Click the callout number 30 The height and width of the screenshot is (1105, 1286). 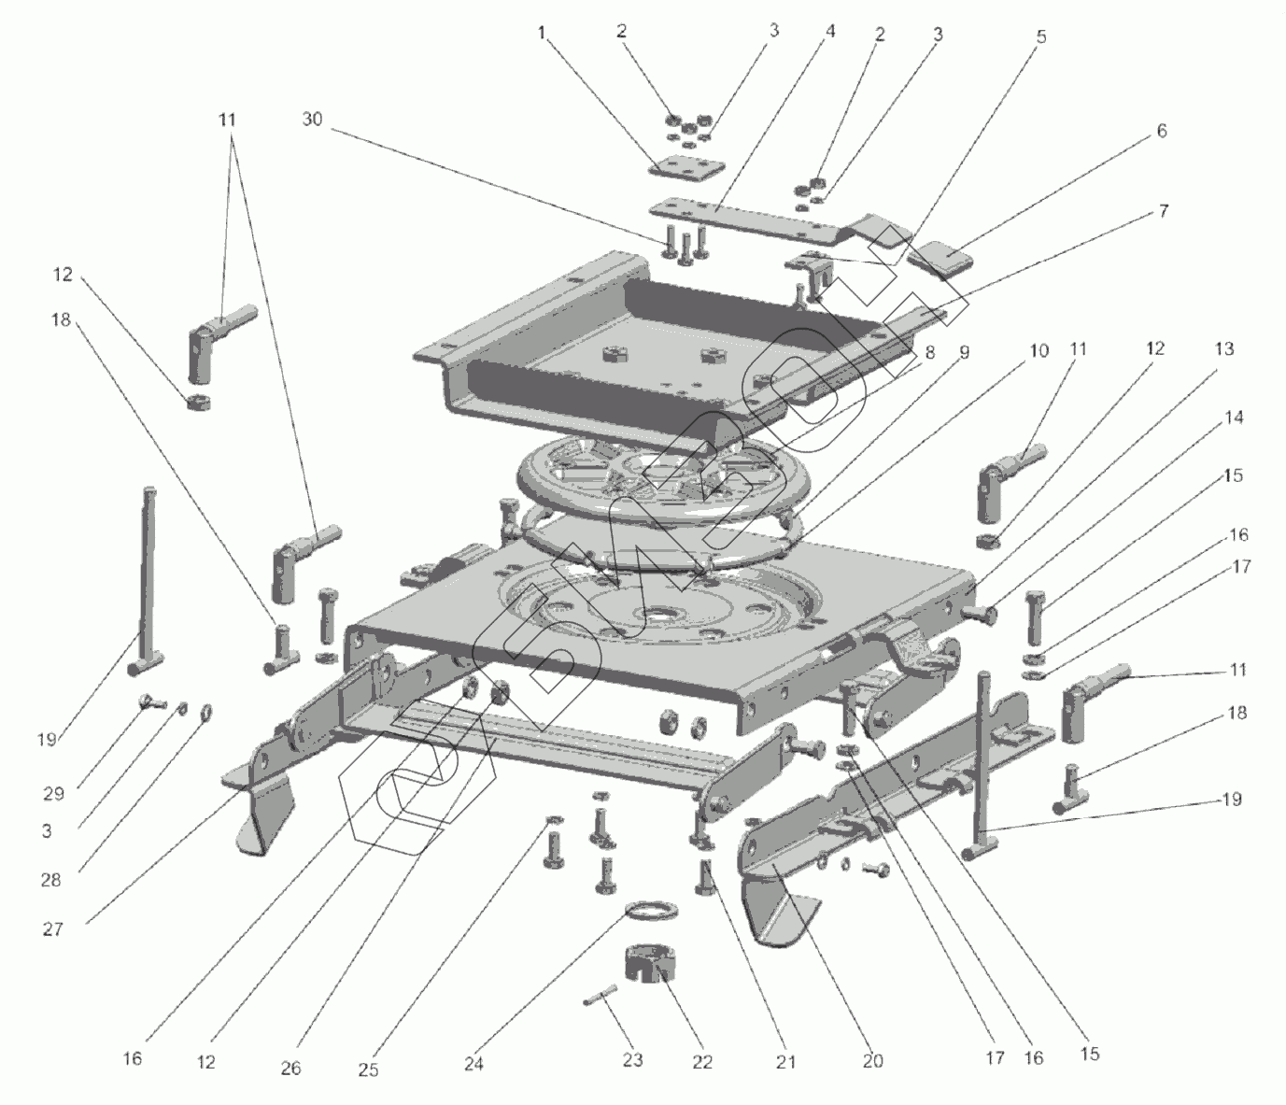[312, 120]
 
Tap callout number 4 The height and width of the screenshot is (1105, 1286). [829, 32]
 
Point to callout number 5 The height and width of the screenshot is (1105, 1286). [1040, 37]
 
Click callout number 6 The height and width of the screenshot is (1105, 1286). [1161, 132]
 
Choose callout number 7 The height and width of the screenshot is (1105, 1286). [1163, 212]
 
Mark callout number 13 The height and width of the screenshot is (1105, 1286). [1223, 349]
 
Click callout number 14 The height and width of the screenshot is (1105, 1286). [1234, 418]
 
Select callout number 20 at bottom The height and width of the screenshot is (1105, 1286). [872, 1060]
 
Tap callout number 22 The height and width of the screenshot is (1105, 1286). [702, 1061]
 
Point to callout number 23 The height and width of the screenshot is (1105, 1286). [633, 1059]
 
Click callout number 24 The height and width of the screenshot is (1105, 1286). [474, 1064]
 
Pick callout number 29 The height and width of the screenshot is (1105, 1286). [53, 793]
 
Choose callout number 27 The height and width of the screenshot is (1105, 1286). [53, 929]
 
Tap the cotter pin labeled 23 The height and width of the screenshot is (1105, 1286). [600, 997]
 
